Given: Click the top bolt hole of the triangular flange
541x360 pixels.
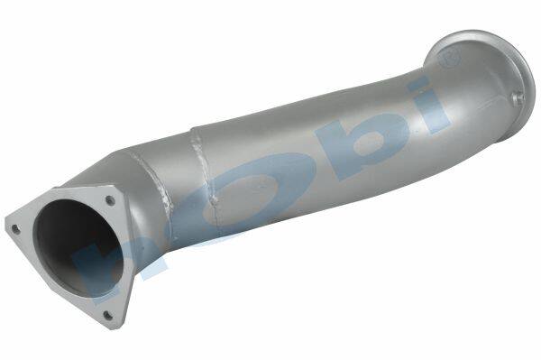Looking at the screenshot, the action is point(110,200).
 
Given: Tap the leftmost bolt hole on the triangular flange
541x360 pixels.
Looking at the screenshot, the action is point(15,229).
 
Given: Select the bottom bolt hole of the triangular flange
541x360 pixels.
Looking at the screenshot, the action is point(107,315).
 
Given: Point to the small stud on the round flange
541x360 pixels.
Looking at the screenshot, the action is point(518,97).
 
